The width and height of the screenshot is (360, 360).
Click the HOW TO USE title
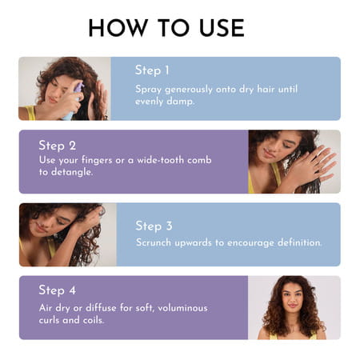(x=166, y=27)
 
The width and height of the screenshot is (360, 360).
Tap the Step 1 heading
(x=152, y=70)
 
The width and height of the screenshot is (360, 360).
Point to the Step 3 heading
(x=153, y=226)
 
